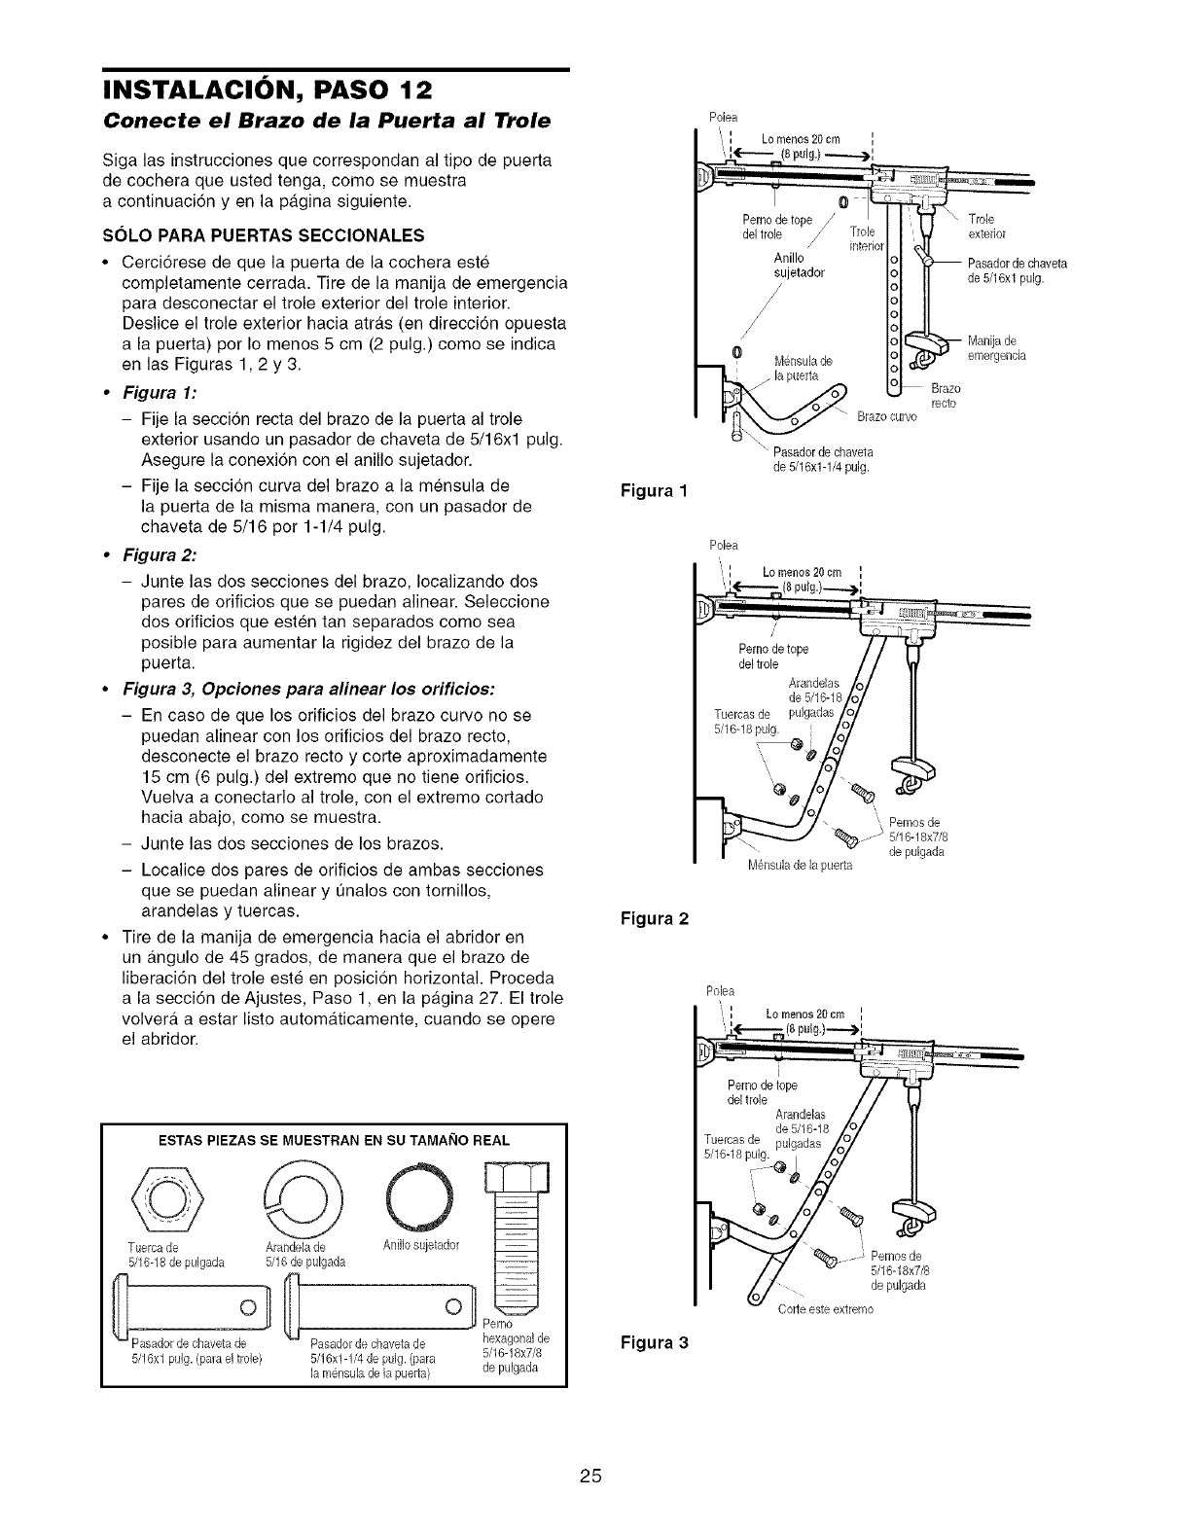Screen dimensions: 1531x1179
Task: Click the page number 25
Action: (x=589, y=1477)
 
